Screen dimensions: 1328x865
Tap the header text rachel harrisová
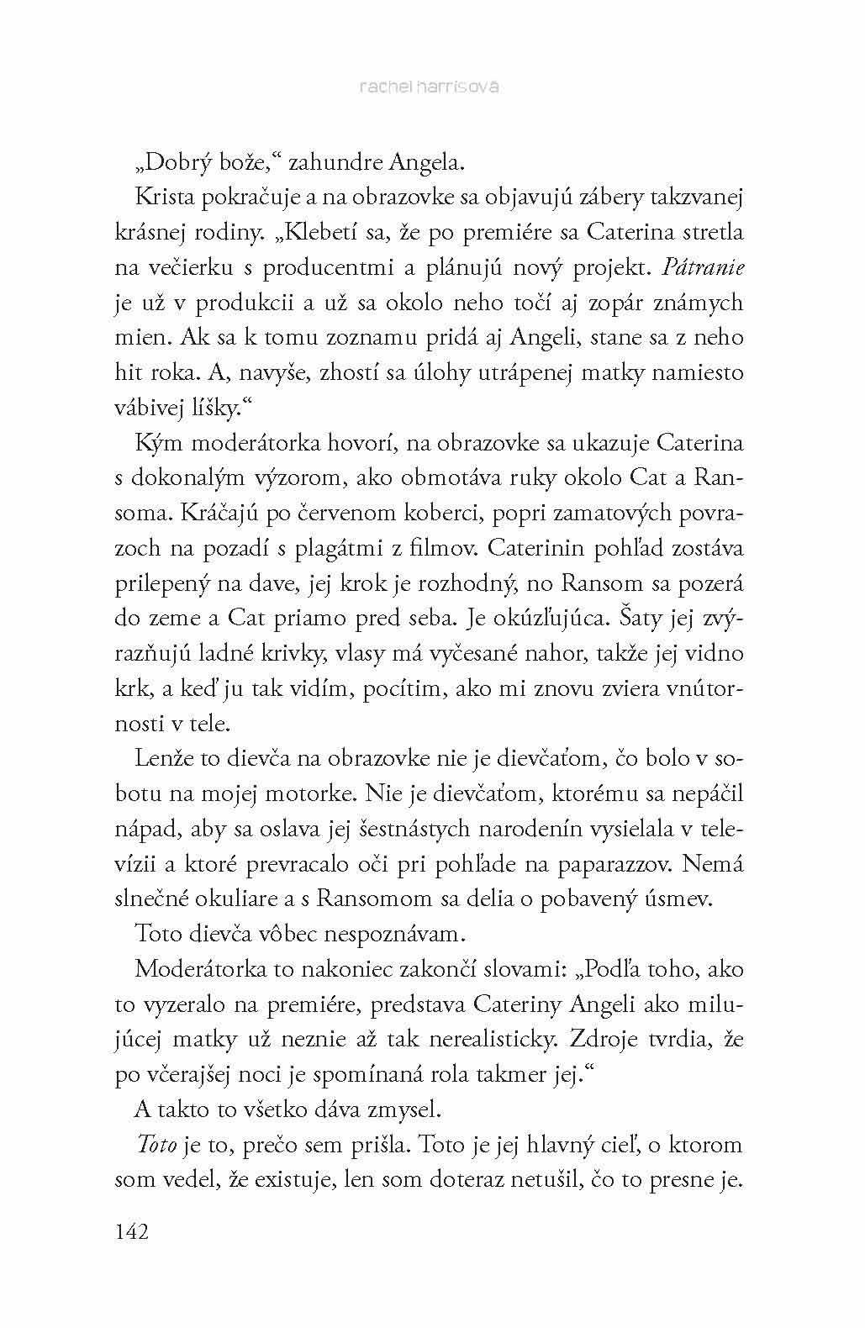(x=428, y=87)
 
